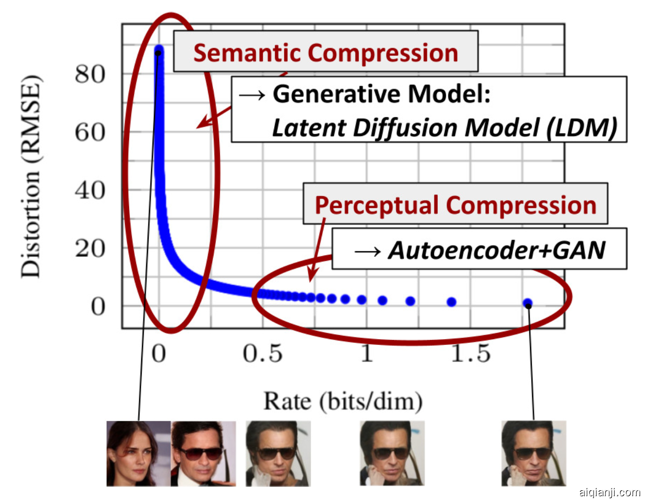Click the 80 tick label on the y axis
tap(90, 74)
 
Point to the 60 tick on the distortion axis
tap(90, 132)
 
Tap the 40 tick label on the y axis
tap(90, 190)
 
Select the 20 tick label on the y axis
tap(90, 249)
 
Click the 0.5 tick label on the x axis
tap(262, 353)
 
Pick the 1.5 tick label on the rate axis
tap(470, 353)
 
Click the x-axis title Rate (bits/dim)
tap(343, 402)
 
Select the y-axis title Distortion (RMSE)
tap(30, 176)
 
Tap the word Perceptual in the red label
tap(377, 205)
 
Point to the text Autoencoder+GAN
tap(496, 250)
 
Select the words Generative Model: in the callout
tap(381, 93)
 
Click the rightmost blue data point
tap(528, 303)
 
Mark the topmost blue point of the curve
tap(158, 50)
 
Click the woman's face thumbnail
tap(138, 454)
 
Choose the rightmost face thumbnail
tap(534, 454)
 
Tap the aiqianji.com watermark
tap(609, 492)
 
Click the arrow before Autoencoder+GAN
tap(367, 251)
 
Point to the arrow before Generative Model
tap(252, 94)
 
